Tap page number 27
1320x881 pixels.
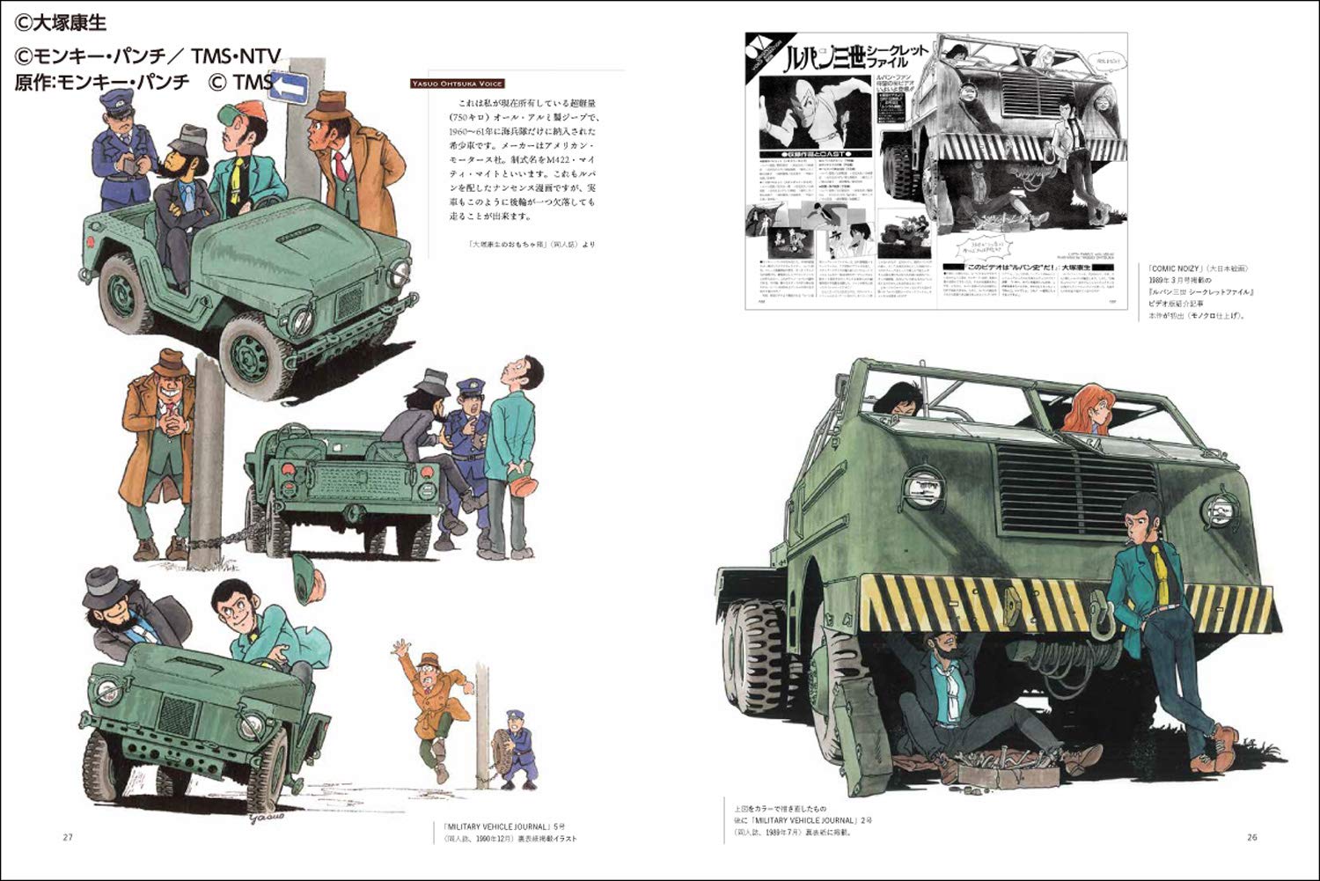coord(68,836)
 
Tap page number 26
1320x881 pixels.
coord(1251,836)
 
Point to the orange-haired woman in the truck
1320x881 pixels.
coord(1089,409)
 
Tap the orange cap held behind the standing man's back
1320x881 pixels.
coord(520,485)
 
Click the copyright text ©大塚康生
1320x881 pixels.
coord(61,23)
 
